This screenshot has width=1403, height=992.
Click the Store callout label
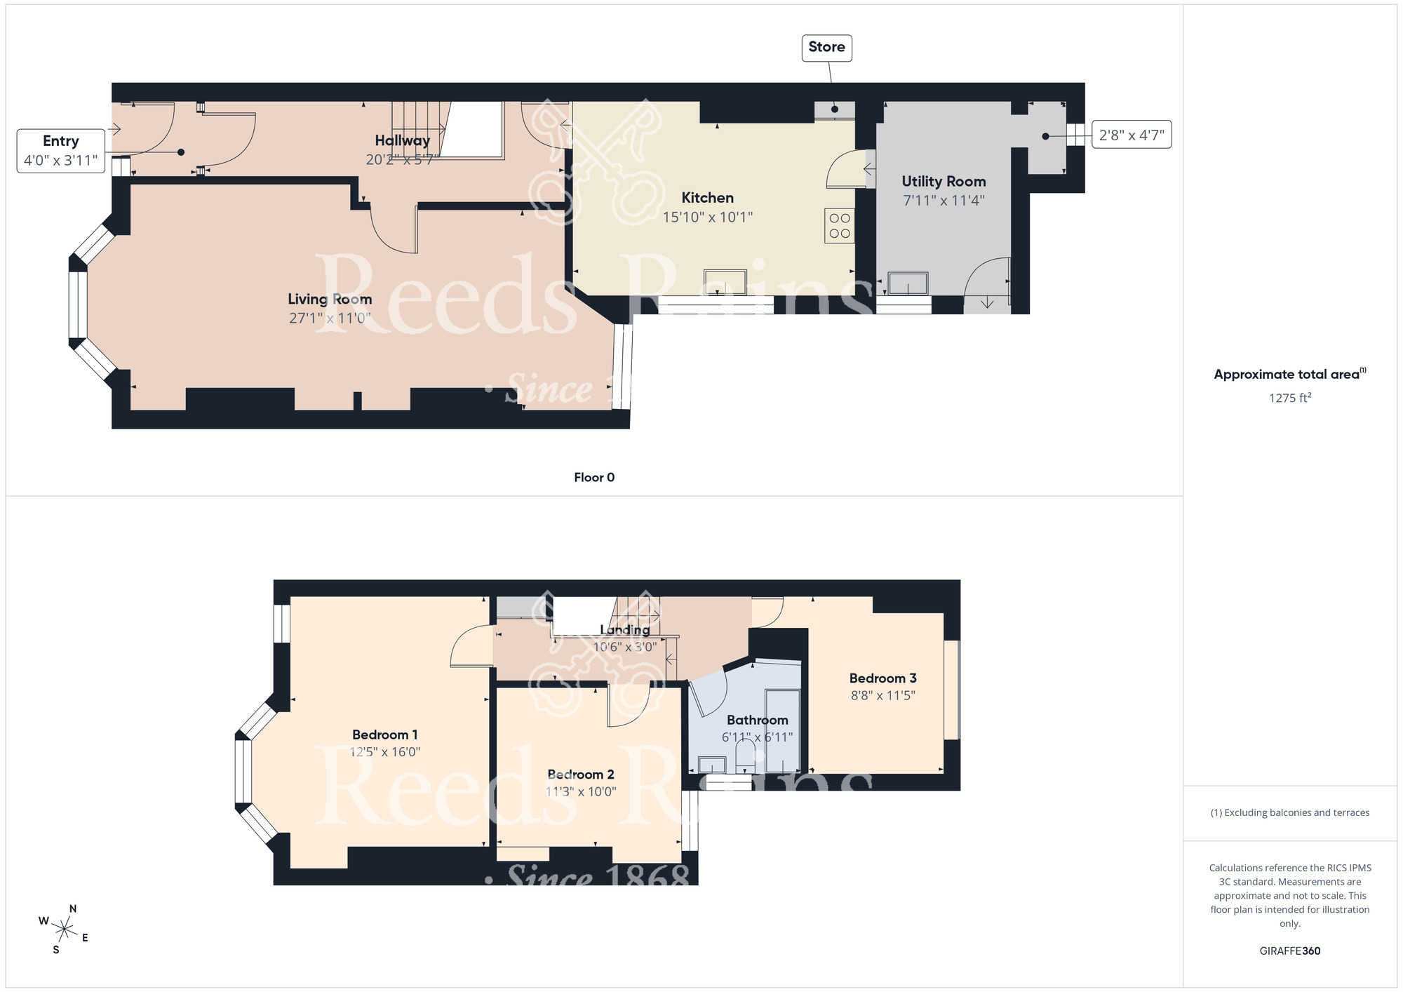pos(826,48)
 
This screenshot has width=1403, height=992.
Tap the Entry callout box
pos(61,150)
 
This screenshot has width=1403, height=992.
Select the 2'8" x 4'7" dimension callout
pos(1131,135)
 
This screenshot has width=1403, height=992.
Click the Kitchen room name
pos(707,198)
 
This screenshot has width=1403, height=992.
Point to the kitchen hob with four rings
pos(840,226)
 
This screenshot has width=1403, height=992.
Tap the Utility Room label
pos(944,182)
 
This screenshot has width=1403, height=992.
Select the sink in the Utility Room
pos(908,283)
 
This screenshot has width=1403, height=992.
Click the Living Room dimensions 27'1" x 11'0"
pos(330,319)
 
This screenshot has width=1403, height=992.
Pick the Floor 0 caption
pos(594,478)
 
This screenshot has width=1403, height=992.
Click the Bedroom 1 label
pos(384,735)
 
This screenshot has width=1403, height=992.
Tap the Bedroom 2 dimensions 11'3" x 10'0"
pos(581,791)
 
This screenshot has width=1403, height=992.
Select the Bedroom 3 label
pos(882,678)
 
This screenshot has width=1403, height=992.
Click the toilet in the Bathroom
pos(745,758)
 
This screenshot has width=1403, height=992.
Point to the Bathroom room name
pos(757,720)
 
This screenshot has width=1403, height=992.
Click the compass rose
pos(65,930)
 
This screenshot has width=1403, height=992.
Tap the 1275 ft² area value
pos(1289,398)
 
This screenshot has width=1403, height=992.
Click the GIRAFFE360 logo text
pos(1289,951)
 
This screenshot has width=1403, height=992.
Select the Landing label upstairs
pos(624,630)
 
